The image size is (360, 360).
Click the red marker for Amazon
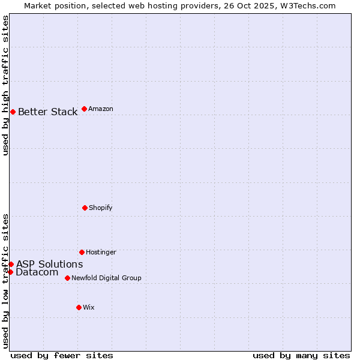tap(84, 109)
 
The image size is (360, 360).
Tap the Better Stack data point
tap(13, 112)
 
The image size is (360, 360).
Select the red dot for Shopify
tap(85, 208)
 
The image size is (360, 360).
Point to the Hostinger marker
tap(82, 252)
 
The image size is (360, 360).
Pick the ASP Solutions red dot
tap(11, 264)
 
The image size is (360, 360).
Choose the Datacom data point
tap(10, 272)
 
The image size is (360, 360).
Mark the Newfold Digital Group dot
tap(67, 278)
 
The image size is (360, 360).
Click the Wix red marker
tap(79, 307)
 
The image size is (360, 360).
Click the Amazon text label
tap(101, 109)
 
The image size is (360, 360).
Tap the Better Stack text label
tap(47, 112)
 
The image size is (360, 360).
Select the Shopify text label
tap(101, 208)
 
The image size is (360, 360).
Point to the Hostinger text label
tap(101, 252)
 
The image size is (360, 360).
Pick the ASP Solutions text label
tap(49, 264)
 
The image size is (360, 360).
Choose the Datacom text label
tap(37, 272)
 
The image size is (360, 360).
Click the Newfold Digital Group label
tap(106, 278)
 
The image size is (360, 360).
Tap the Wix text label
tap(89, 307)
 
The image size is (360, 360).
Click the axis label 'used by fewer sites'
tap(62, 355)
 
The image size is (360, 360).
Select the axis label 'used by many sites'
tap(301, 355)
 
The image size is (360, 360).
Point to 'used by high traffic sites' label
tap(5, 85)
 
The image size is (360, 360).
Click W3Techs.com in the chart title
tap(305, 5)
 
